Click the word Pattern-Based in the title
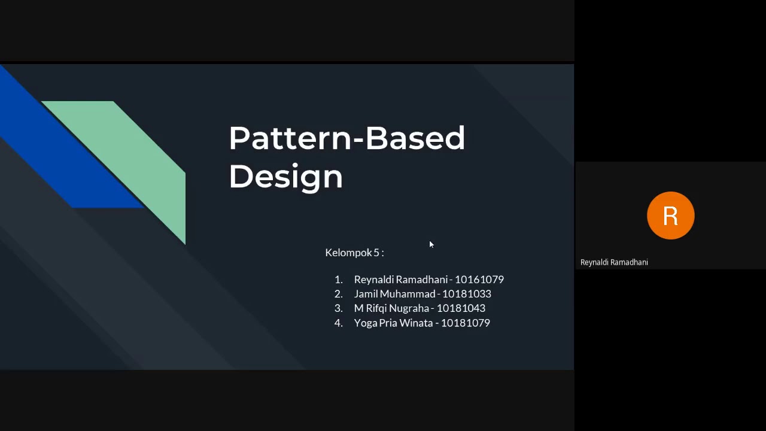coord(346,138)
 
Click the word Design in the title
coord(285,177)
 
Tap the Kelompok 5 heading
coord(354,253)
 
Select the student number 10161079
coord(479,280)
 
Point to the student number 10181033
coord(466,294)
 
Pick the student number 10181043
coord(461,308)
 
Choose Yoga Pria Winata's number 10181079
coord(465,323)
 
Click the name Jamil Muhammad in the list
coord(394,294)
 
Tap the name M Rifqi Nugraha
coord(391,308)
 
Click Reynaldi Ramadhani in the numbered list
coord(401,280)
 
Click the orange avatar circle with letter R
coord(670,215)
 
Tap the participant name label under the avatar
coord(614,262)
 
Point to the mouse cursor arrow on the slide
coord(431,244)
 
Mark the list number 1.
coord(338,280)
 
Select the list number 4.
coord(338,323)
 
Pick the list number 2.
coord(338,294)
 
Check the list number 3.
coord(338,308)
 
